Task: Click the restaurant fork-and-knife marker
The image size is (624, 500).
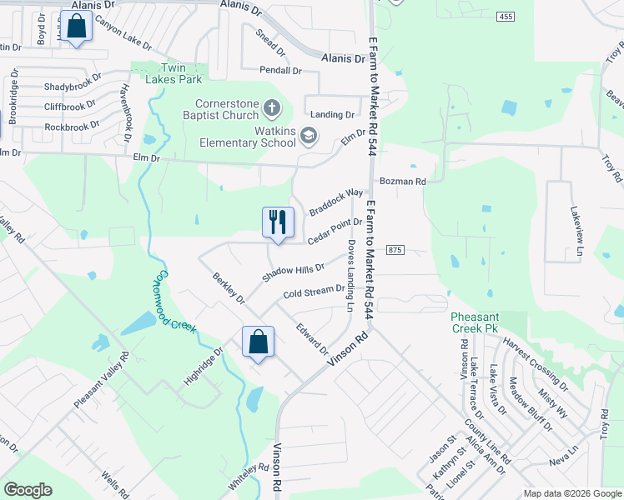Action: (x=279, y=222)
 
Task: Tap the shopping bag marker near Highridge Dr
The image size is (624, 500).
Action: (x=258, y=342)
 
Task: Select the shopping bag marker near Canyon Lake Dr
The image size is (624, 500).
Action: (x=76, y=26)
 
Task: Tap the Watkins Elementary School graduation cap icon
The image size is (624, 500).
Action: (x=309, y=136)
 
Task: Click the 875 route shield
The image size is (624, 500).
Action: (x=395, y=250)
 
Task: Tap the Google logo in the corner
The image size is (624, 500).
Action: (x=28, y=490)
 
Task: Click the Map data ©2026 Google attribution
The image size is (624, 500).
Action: (x=571, y=493)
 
